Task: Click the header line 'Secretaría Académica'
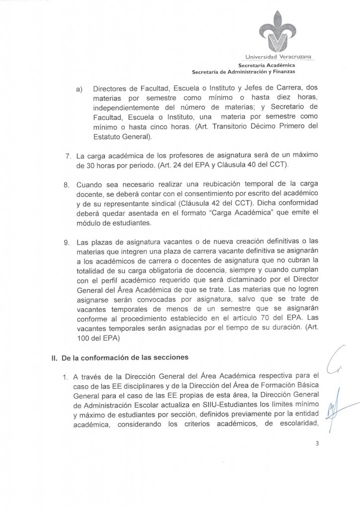click(x=266, y=66)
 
